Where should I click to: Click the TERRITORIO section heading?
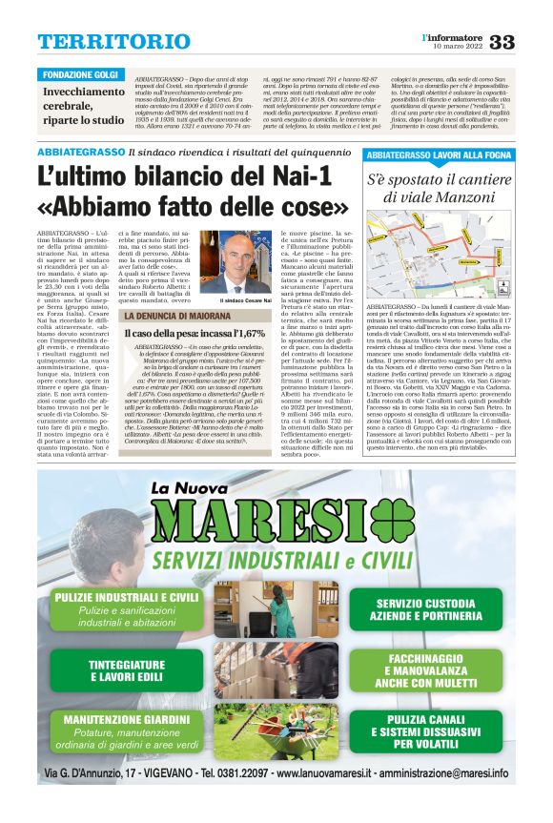pyautogui.click(x=101, y=42)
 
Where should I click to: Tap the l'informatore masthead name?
pyautogui.click(x=453, y=36)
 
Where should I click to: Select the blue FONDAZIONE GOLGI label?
pyautogui.click(x=81, y=74)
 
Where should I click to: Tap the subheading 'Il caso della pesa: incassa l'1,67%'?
pyautogui.click(x=195, y=333)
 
